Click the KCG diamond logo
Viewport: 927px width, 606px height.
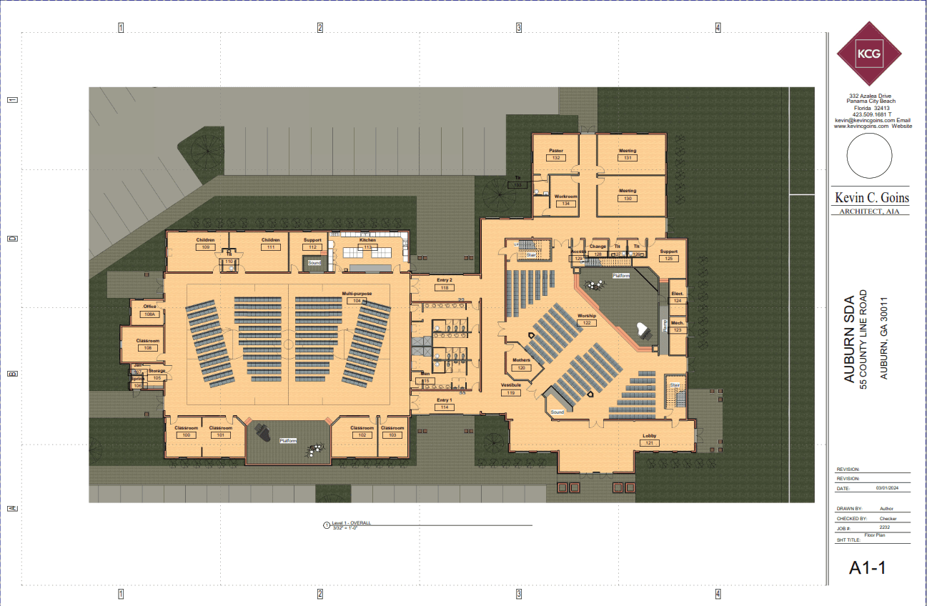(868, 53)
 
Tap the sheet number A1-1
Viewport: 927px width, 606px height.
(868, 568)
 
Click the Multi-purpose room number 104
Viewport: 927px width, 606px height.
(353, 301)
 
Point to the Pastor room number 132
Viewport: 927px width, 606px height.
(555, 158)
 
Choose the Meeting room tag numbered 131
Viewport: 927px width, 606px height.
(628, 158)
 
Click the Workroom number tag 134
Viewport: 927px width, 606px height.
(565, 204)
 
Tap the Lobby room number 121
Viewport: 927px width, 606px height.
(649, 443)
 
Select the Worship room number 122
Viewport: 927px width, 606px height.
(586, 323)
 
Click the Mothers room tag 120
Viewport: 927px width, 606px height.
(522, 368)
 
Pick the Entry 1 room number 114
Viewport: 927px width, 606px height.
(443, 407)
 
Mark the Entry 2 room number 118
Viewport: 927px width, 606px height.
(444, 287)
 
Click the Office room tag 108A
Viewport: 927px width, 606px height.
(149, 314)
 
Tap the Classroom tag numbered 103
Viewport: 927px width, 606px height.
(392, 435)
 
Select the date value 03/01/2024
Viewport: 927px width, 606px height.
(885, 489)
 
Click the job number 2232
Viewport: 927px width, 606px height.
(884, 527)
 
